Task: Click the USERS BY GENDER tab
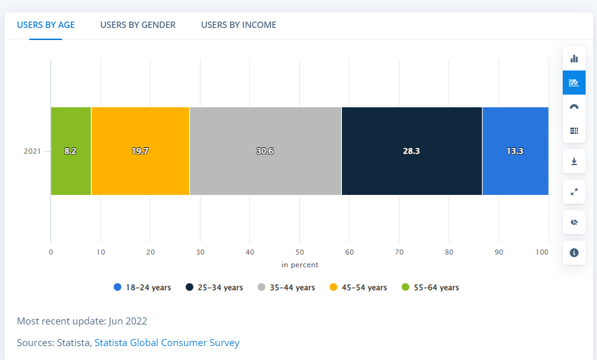138,25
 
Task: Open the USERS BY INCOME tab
239,25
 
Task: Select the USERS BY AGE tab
46,25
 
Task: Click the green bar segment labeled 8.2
71,151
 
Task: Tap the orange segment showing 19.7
140,151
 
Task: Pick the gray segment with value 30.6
265,151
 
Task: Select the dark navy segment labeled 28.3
412,151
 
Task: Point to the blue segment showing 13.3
515,151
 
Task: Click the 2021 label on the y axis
32,151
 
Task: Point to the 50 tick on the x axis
300,252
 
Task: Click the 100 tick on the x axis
542,252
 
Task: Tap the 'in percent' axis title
300,265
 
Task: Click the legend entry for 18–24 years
143,288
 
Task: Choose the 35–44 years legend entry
286,288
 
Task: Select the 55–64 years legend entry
430,288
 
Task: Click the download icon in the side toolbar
574,161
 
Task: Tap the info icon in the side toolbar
574,253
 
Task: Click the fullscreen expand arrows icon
574,192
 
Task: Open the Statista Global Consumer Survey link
167,343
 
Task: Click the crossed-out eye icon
574,222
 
